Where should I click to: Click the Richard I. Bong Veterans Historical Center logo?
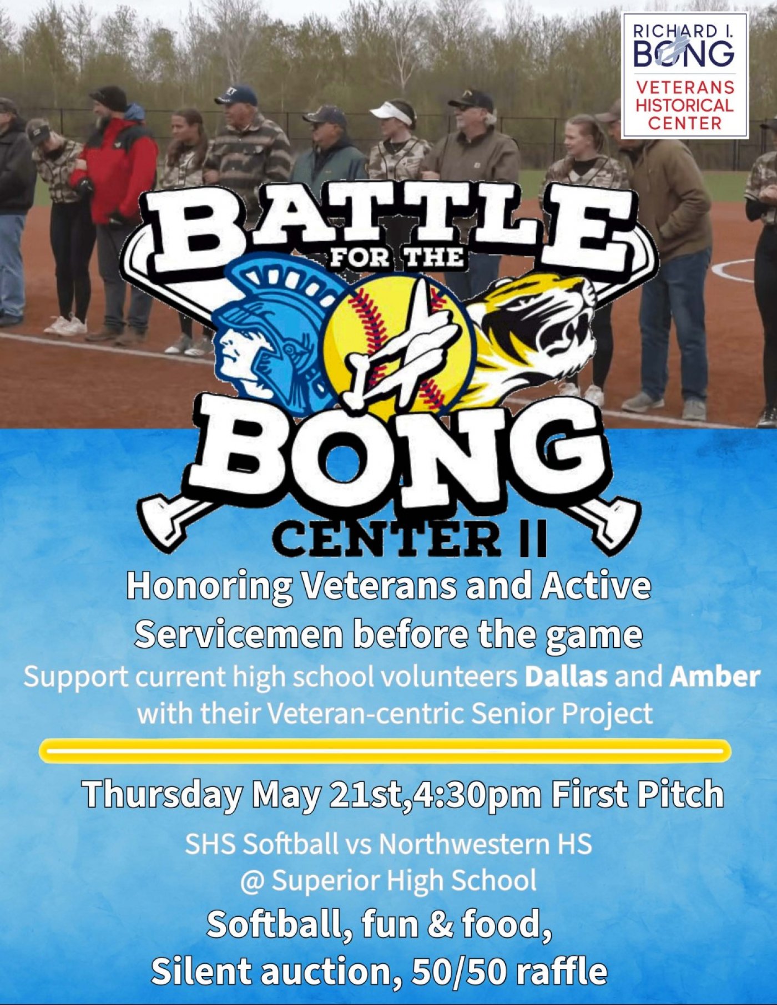click(x=685, y=75)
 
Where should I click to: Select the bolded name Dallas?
click(x=566, y=677)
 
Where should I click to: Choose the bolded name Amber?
click(x=715, y=677)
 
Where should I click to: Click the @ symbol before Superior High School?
click(x=253, y=881)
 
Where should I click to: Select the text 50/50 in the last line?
click(x=458, y=972)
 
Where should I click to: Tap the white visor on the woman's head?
click(x=392, y=113)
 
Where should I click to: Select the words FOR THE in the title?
click(x=396, y=258)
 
